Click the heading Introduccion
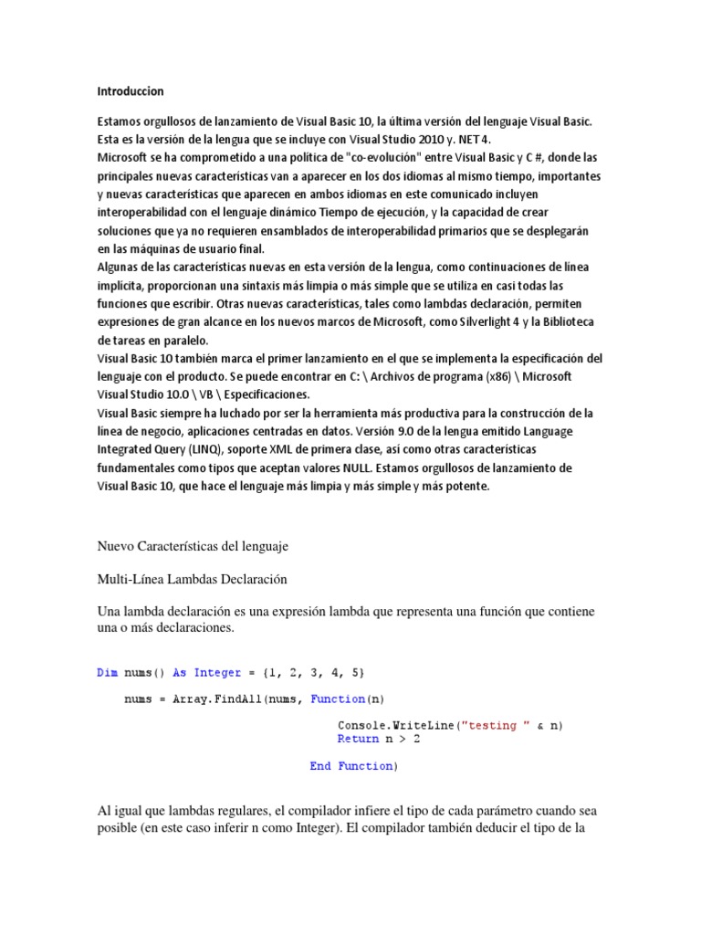131,91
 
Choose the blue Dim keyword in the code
107,673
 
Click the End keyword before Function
319,766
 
